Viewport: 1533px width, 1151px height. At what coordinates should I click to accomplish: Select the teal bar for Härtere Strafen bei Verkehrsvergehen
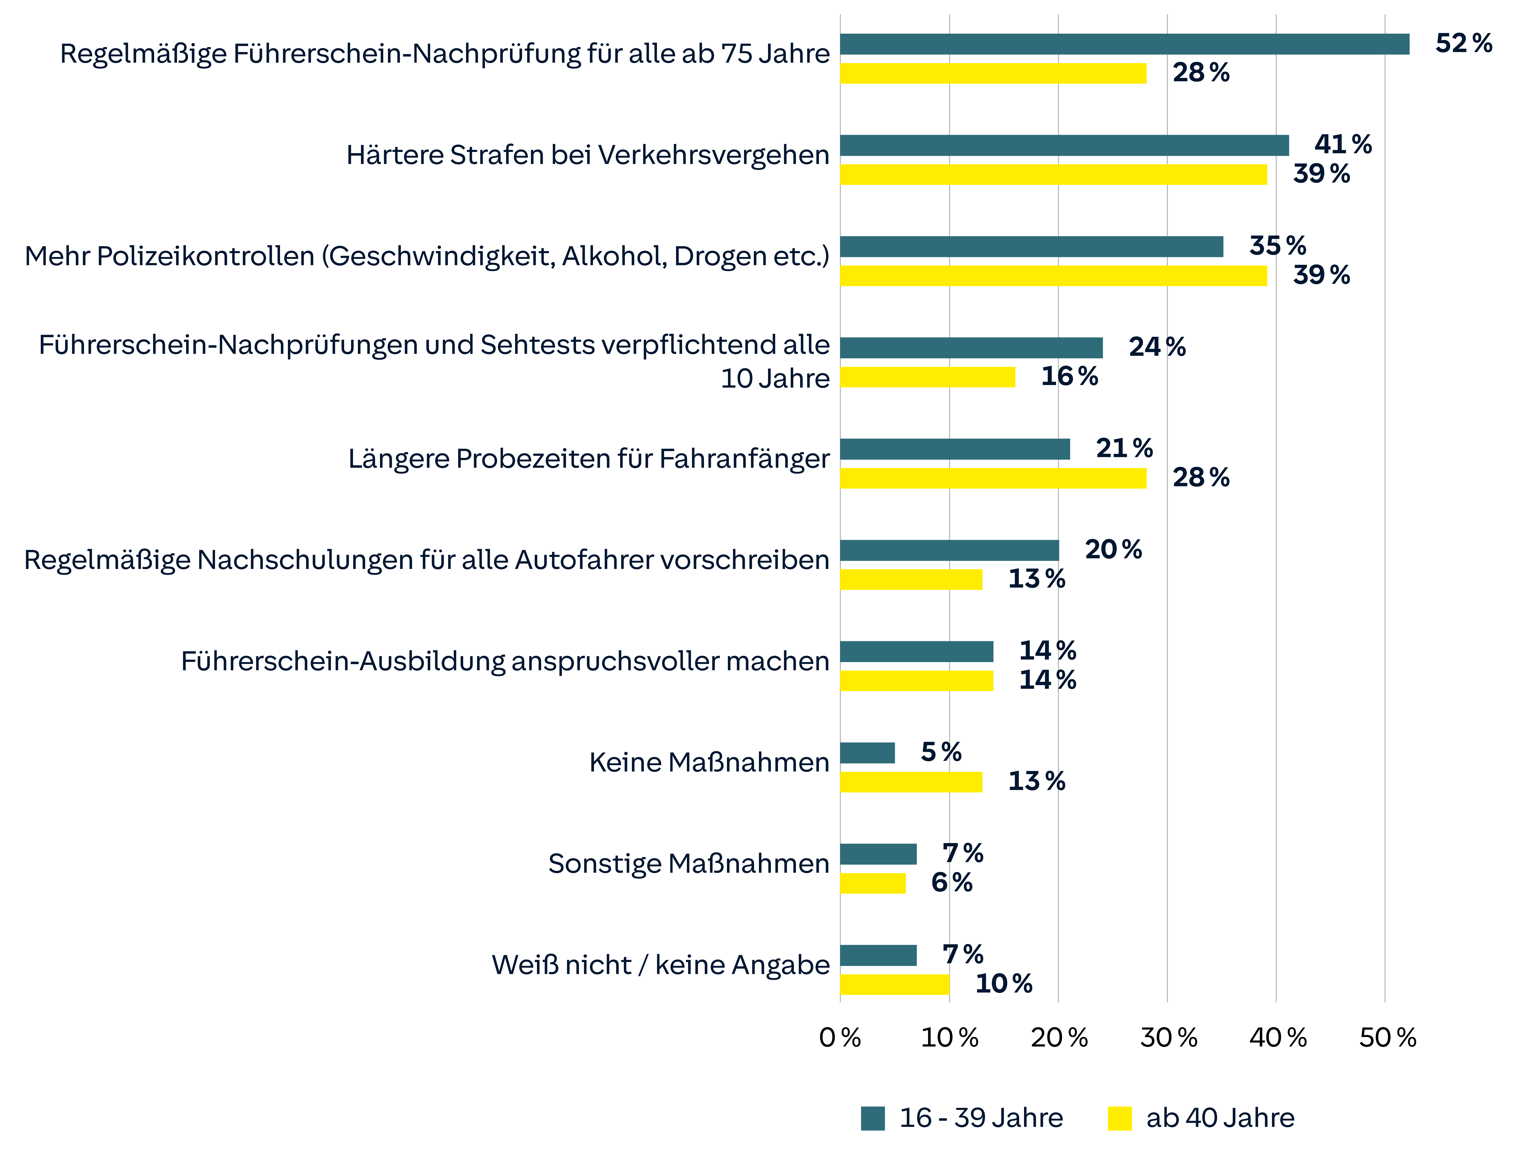coord(1064,146)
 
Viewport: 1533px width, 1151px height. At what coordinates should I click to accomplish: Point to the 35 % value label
coord(1277,246)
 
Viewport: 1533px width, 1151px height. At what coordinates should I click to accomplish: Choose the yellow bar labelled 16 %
coord(927,377)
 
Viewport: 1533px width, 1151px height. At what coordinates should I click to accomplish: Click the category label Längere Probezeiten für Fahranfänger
coord(588,459)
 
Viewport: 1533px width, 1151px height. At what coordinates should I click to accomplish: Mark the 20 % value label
coord(1113,550)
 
